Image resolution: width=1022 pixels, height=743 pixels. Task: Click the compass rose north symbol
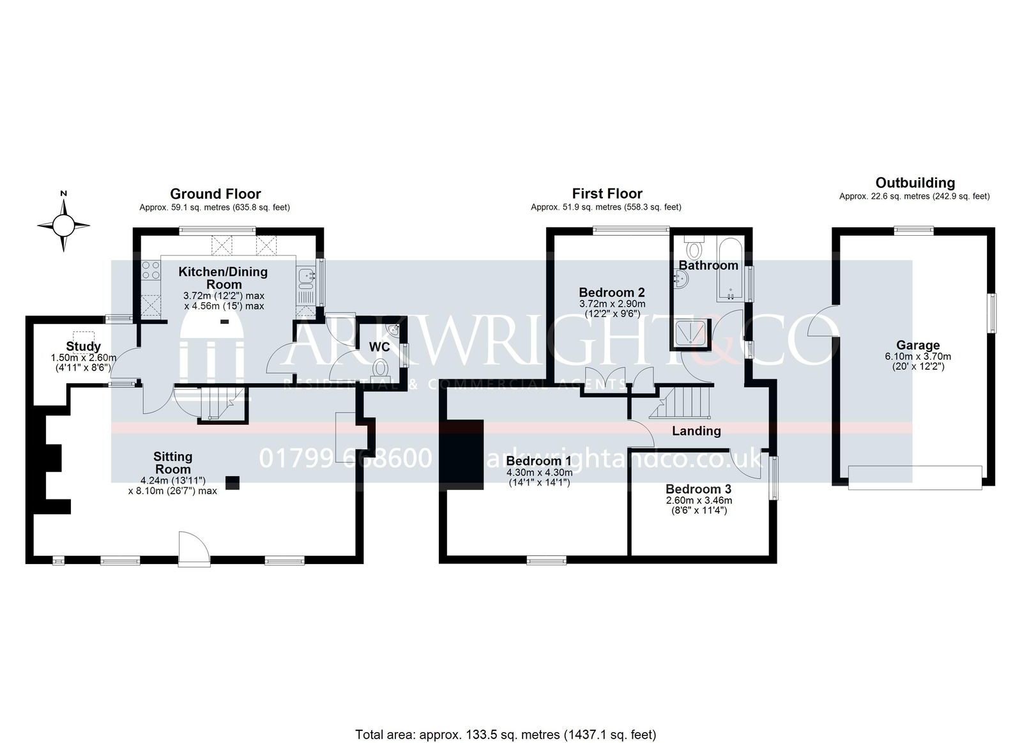point(63,224)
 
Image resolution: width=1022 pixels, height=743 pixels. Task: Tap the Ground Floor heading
point(215,194)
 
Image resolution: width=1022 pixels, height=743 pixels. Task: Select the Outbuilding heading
point(915,183)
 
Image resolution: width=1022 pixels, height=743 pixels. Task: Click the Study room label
point(83,346)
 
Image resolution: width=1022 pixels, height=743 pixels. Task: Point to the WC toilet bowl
point(380,367)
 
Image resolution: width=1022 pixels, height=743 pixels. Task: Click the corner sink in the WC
point(393,329)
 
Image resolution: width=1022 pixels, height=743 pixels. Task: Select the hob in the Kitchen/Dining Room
point(151,270)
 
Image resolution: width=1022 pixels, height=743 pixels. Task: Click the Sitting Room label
point(173,463)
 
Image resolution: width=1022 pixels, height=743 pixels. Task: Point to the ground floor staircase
point(223,404)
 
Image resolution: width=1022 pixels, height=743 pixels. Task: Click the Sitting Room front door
point(194,549)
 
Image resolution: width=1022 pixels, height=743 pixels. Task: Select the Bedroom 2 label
point(612,292)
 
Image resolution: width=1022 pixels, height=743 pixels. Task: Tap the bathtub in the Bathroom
point(731,269)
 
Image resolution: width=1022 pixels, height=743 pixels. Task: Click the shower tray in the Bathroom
point(692,332)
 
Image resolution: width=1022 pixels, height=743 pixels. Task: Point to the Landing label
point(696,431)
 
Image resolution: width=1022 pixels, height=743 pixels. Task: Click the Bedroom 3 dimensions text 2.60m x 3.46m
point(699,500)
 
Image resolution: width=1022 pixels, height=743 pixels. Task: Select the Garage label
point(918,345)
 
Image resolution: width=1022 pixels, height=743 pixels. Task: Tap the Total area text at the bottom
point(505,709)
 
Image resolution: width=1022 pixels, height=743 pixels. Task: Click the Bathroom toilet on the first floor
point(694,248)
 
